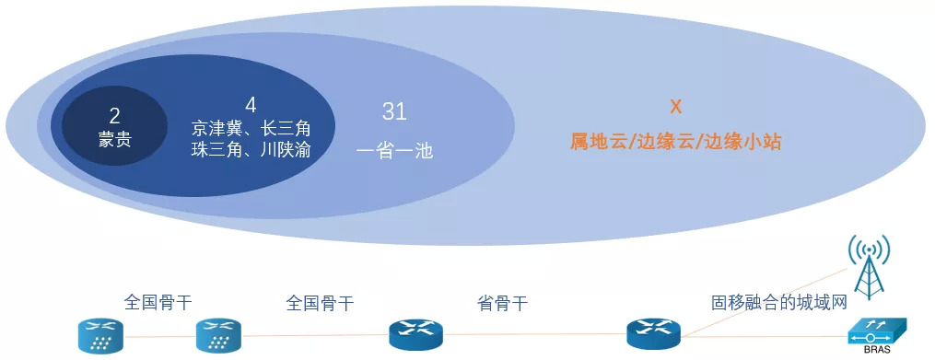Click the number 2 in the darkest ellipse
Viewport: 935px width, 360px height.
click(x=115, y=116)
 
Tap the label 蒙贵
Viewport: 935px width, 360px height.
click(x=115, y=141)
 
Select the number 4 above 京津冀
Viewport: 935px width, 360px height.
click(x=251, y=106)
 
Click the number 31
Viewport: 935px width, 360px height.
click(x=395, y=112)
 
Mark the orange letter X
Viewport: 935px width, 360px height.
click(x=675, y=108)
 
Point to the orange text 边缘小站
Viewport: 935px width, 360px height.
click(x=743, y=143)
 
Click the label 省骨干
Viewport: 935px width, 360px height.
click(x=503, y=304)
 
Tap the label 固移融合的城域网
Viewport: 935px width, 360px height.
click(x=779, y=303)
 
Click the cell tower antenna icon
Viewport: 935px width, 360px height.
click(x=870, y=266)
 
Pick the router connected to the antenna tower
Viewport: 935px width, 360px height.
click(x=653, y=334)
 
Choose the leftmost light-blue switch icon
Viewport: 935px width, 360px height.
click(x=100, y=335)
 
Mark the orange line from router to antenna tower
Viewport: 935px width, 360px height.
click(x=766, y=303)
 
